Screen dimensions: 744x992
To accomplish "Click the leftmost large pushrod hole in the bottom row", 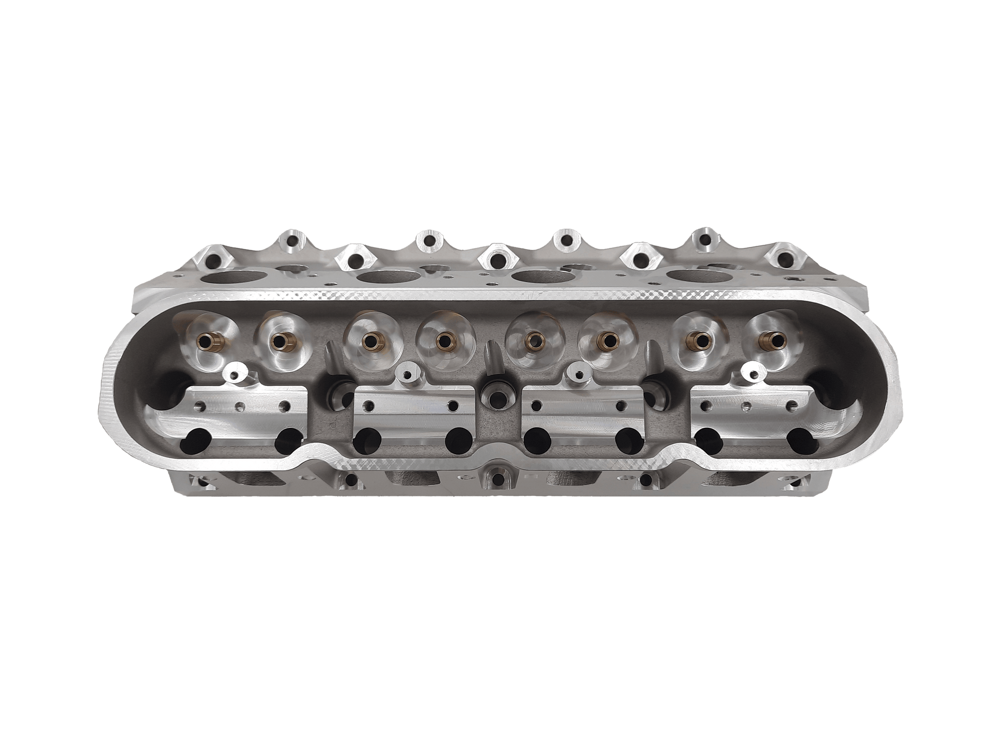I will point(194,441).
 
